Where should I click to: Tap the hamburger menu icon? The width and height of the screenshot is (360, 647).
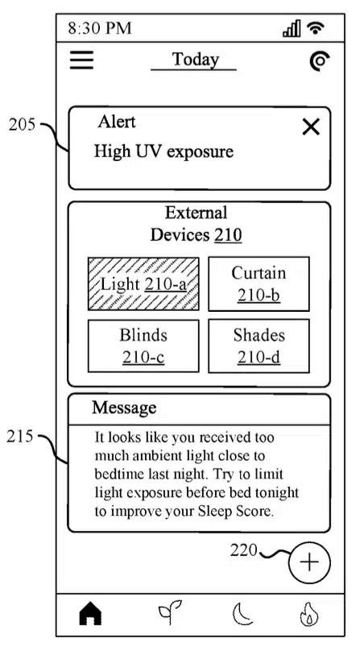pyautogui.click(x=81, y=60)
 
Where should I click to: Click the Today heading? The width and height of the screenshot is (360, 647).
pyautogui.click(x=195, y=59)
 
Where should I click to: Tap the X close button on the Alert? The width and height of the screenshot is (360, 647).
pyautogui.click(x=311, y=126)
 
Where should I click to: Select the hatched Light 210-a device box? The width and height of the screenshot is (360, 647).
pyautogui.click(x=143, y=284)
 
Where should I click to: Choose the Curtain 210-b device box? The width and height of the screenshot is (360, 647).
pyautogui.click(x=259, y=284)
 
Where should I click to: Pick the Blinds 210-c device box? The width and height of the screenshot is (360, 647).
pyautogui.click(x=143, y=346)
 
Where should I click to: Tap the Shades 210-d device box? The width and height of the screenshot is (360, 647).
pyautogui.click(x=259, y=346)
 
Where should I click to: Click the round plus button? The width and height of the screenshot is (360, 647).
pyautogui.click(x=310, y=562)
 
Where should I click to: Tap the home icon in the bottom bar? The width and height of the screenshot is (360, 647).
pyautogui.click(x=90, y=615)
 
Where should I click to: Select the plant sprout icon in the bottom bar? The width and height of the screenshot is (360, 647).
pyautogui.click(x=169, y=614)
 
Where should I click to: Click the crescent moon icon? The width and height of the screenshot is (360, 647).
pyautogui.click(x=242, y=614)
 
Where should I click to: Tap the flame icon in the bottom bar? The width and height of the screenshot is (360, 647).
pyautogui.click(x=309, y=615)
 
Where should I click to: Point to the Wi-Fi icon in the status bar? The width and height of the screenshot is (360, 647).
pyautogui.click(x=316, y=27)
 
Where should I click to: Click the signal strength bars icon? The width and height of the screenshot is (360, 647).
pyautogui.click(x=292, y=28)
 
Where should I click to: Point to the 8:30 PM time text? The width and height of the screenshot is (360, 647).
pyautogui.click(x=100, y=28)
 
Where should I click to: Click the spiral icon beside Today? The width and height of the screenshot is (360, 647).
pyautogui.click(x=320, y=62)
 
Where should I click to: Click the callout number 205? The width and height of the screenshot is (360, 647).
pyautogui.click(x=22, y=125)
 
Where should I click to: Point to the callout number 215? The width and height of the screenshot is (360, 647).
pyautogui.click(x=19, y=436)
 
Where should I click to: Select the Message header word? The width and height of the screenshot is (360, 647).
pyautogui.click(x=124, y=408)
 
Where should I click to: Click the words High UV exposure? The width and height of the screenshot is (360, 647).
pyautogui.click(x=163, y=151)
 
